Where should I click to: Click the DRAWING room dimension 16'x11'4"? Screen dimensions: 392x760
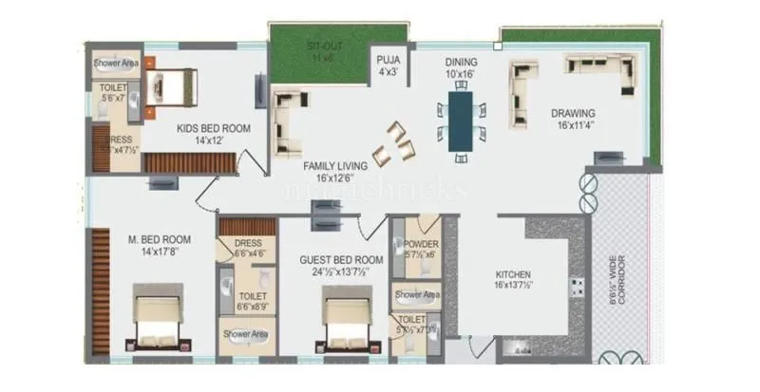pos(580,123)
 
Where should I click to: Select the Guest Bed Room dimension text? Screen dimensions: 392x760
pos(340,271)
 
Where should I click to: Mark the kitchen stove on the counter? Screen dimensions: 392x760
pos(577,288)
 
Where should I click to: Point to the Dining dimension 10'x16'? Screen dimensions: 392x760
pos(460,73)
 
